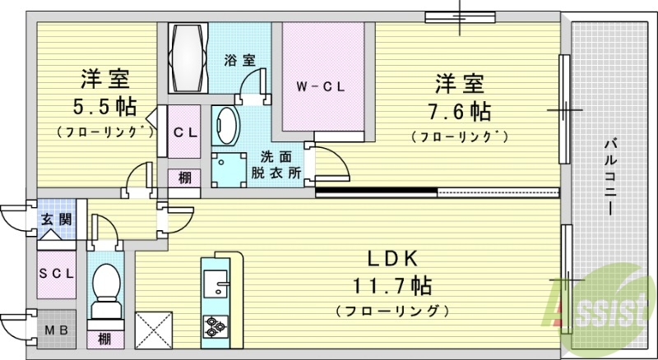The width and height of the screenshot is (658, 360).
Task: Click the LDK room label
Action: point(388,259)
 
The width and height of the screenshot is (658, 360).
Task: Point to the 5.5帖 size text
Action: point(104,108)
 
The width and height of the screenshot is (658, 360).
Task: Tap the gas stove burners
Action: point(215,327)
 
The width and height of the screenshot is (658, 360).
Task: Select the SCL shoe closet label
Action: point(57,272)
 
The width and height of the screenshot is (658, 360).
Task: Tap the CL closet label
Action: point(183,132)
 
